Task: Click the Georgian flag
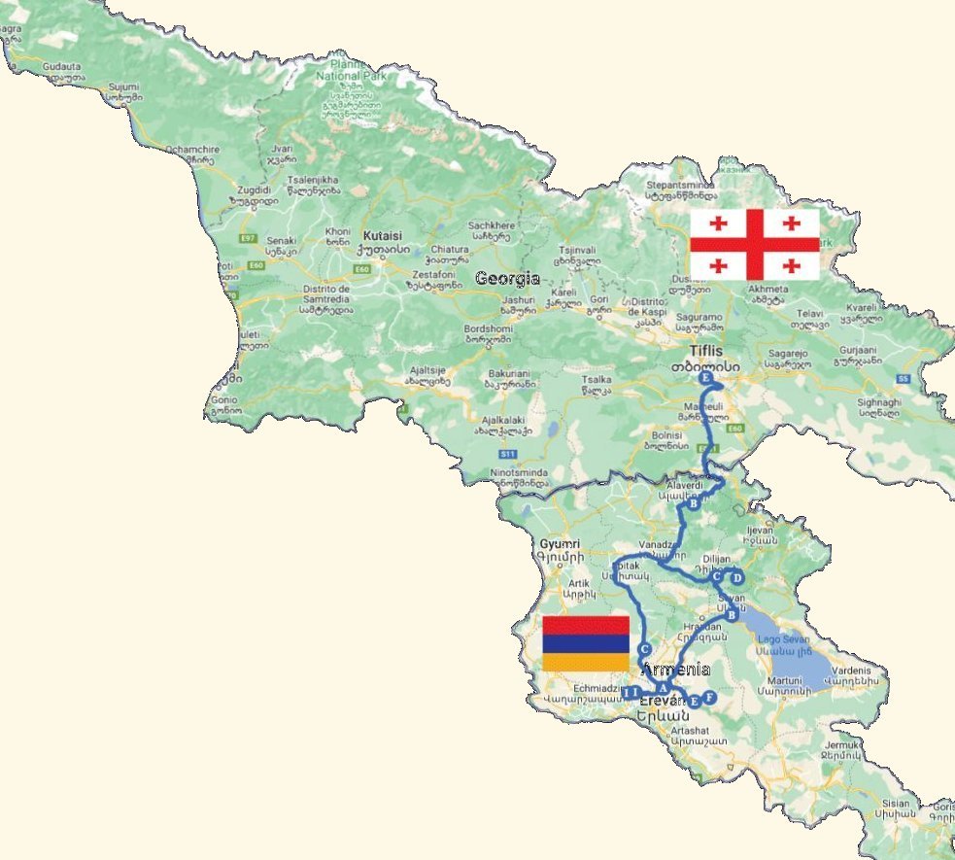pos(754,244)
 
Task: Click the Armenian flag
pos(585,643)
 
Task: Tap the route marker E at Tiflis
pos(705,377)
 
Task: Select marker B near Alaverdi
pos(694,504)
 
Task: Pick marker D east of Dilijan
pos(736,576)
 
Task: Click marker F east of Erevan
pos(709,697)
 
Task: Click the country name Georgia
pos(507,278)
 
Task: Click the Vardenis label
pos(857,669)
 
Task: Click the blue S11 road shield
pos(505,454)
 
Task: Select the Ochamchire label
pos(190,149)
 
